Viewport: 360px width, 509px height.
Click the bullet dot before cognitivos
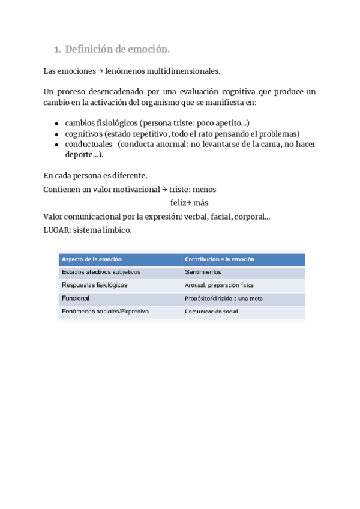pos(56,134)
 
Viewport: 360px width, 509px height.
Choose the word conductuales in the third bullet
pos(88,144)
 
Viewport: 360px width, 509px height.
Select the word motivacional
pos(134,189)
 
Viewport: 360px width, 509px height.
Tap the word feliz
pos(179,203)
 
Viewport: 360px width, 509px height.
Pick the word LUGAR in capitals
pos(56,229)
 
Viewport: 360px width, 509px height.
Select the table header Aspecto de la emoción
pos(91,259)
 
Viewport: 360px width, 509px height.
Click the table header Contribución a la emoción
pos(219,259)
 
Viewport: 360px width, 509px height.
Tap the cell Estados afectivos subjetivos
pos(100,272)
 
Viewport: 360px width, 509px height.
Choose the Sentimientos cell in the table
pos(203,273)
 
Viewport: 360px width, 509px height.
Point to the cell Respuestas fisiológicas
pos(94,285)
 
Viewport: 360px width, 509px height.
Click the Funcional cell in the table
pos(75,298)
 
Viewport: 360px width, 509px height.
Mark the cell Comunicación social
pos(211,312)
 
